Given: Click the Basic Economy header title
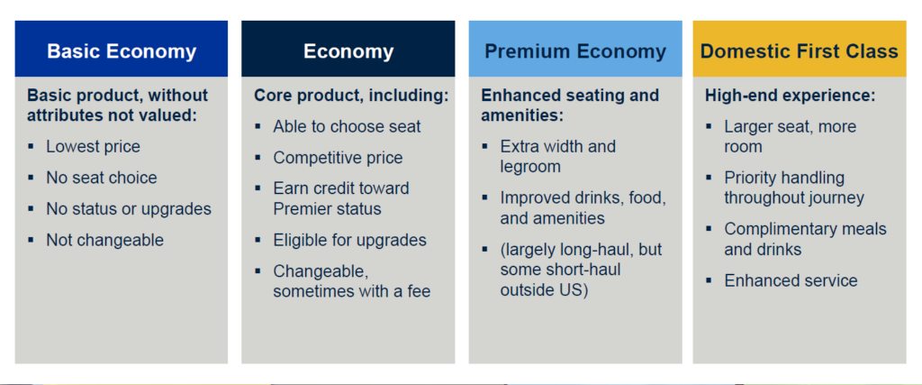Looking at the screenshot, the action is [x=122, y=51].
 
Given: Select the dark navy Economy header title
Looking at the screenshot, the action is [x=348, y=51].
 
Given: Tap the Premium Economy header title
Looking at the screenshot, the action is [x=575, y=51].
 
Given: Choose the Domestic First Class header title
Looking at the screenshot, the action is [x=800, y=51].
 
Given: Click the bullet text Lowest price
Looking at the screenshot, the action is [x=94, y=146].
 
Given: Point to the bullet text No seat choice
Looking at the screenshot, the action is [x=102, y=178].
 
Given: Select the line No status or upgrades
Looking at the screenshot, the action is [x=129, y=208].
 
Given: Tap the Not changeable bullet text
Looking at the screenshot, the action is [x=105, y=240].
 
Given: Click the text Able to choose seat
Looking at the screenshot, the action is [x=347, y=126].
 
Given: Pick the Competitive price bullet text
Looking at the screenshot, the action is [x=339, y=157].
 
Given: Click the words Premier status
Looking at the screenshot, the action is [x=328, y=208].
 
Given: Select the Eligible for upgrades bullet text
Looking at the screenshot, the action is [x=350, y=240].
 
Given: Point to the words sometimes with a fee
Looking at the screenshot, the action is [x=352, y=291].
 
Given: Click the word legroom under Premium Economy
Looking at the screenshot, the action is [x=530, y=167].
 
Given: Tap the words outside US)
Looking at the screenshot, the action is [x=545, y=291].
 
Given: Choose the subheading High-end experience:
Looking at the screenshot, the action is [x=791, y=96].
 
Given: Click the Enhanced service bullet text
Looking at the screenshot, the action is [x=791, y=280].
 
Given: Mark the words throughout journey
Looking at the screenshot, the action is [x=794, y=197].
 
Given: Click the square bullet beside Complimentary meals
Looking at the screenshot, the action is [x=710, y=228].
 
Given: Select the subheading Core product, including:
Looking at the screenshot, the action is [x=352, y=96].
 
